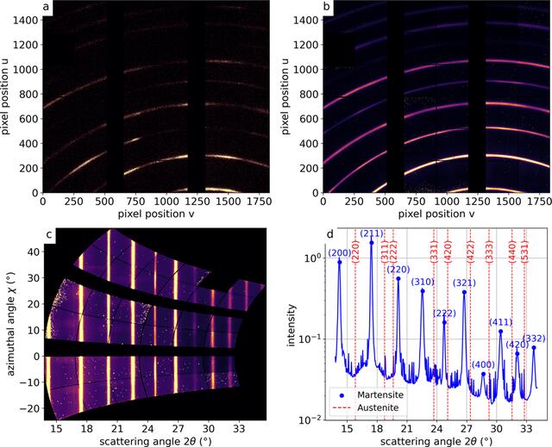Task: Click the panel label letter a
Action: tap(46, 7)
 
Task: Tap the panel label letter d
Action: tap(329, 233)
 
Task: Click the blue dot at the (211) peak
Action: tap(372, 243)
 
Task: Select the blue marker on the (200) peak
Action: tap(340, 262)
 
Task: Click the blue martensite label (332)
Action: tap(534, 338)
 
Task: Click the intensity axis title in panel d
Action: tap(291, 325)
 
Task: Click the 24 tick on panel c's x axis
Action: tap(147, 429)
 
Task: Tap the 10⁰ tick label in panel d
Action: tap(310, 258)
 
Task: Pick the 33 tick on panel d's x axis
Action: tap(526, 429)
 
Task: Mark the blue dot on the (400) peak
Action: tap(483, 374)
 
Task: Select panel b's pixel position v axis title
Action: tap(436, 214)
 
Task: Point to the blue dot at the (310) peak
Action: tap(423, 291)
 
